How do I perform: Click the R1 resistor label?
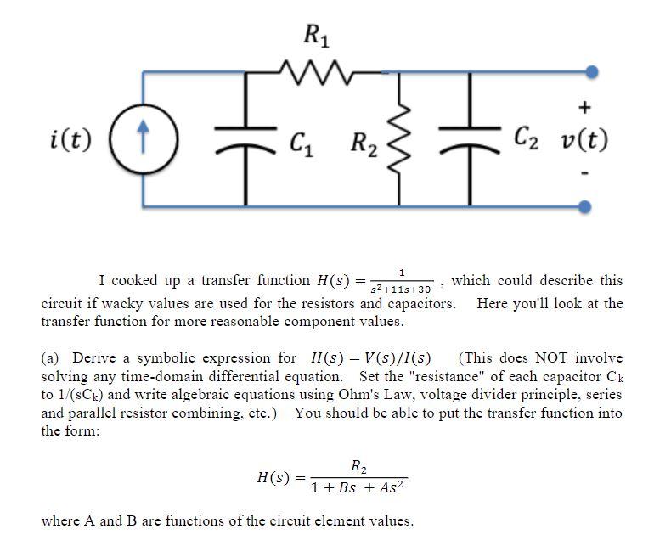(318, 37)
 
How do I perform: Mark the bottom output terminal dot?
(585, 205)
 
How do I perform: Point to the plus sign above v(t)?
(584, 108)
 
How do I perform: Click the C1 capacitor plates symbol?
(246, 138)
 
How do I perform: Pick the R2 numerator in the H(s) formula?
(358, 465)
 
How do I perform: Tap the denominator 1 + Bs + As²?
(358, 488)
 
